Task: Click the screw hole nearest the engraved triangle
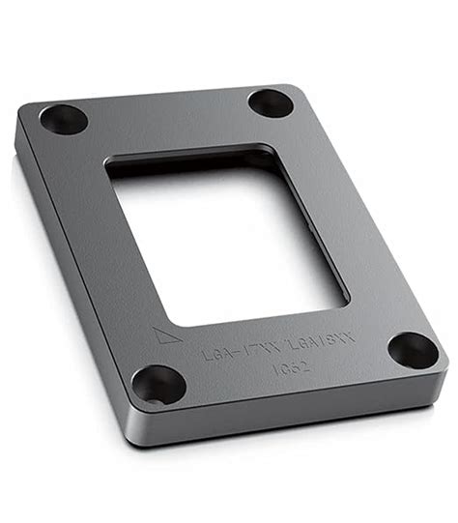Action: (x=158, y=386)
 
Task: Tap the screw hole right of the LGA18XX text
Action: (x=413, y=350)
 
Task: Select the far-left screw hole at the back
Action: (x=64, y=119)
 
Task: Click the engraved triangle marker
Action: (x=164, y=337)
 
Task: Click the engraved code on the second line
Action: (x=290, y=366)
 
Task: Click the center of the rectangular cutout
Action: (x=227, y=237)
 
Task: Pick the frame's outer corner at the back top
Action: (x=286, y=84)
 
